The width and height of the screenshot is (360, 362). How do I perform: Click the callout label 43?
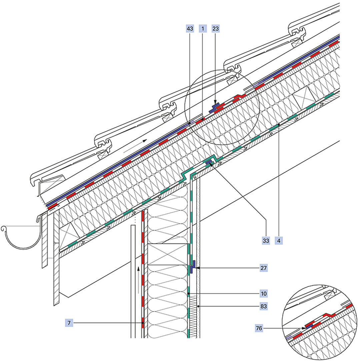(x=190, y=29)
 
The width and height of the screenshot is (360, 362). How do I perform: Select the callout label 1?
(x=202, y=29)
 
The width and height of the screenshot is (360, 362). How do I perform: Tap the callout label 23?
(x=215, y=29)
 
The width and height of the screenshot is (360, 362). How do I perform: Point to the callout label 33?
(x=266, y=240)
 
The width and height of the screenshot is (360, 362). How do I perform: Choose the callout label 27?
(x=264, y=268)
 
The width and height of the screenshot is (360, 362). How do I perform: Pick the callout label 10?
(x=264, y=294)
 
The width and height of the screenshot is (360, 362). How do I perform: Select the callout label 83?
(x=264, y=306)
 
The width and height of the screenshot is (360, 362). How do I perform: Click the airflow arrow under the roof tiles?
(x=135, y=146)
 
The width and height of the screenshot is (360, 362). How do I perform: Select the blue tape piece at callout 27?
(x=192, y=267)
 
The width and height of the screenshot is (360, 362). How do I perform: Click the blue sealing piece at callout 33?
(x=209, y=162)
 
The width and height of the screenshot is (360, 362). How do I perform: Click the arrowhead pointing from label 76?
(x=304, y=328)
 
